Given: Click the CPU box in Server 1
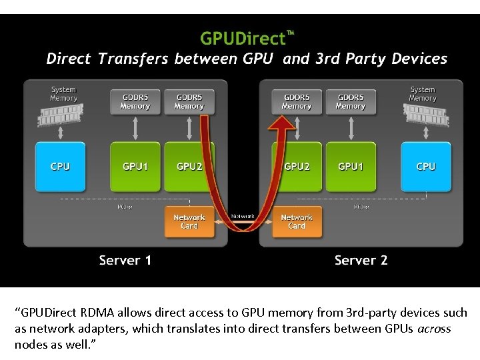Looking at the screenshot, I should click(60, 166).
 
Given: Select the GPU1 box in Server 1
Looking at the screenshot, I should click(135, 166).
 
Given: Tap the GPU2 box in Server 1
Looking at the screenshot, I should click(189, 166).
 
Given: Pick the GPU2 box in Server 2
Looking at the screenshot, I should click(297, 166).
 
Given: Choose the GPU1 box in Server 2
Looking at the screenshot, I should click(351, 166).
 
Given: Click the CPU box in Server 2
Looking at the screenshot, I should click(425, 166).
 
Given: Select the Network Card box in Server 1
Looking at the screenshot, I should click(189, 222).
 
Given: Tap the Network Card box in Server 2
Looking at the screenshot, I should click(297, 222).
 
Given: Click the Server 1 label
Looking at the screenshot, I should click(125, 260).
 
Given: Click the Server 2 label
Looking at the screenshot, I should click(361, 260).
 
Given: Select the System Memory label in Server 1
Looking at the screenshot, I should click(63, 93).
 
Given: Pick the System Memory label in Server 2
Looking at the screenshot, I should click(423, 93).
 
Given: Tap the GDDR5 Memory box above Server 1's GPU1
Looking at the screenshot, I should click(135, 101).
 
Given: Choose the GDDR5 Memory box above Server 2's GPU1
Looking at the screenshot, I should click(351, 101).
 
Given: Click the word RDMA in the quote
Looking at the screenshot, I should click(98, 313).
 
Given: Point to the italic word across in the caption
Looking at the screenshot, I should click(433, 329).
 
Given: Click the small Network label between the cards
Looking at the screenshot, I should click(243, 216).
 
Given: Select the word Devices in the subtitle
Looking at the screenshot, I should click(419, 59).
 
